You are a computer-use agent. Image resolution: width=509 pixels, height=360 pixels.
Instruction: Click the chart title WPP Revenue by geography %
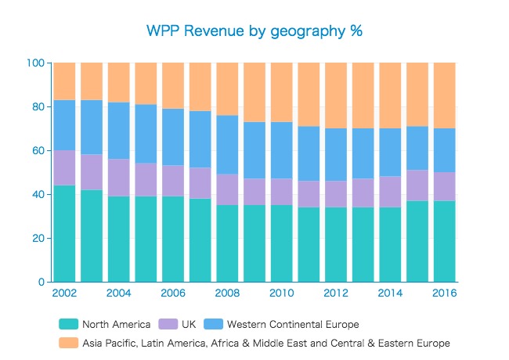point(254,31)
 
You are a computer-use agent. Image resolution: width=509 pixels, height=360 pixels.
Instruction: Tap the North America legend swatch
point(69,324)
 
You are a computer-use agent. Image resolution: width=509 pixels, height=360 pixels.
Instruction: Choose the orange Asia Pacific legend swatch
point(69,343)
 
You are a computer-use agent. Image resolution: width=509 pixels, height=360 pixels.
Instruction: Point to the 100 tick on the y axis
point(37,63)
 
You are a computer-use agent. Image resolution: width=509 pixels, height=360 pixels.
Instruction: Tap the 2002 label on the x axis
point(63,293)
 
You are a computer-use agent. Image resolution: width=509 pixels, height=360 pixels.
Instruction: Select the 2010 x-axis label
point(281,293)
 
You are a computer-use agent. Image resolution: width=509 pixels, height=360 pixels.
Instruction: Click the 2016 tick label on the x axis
point(444,293)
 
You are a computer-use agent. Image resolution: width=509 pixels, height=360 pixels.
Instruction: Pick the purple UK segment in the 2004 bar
point(118,178)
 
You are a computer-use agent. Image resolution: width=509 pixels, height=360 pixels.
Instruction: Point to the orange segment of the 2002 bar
point(63,81)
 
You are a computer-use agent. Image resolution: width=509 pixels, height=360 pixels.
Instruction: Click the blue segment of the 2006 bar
point(172,137)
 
